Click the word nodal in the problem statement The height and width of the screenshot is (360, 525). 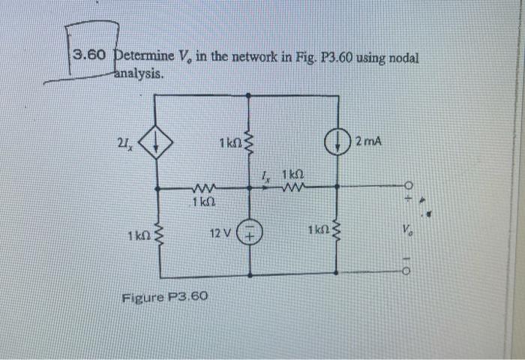click(401, 58)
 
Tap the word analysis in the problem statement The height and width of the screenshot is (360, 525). click(138, 74)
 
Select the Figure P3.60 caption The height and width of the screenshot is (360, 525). click(164, 298)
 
